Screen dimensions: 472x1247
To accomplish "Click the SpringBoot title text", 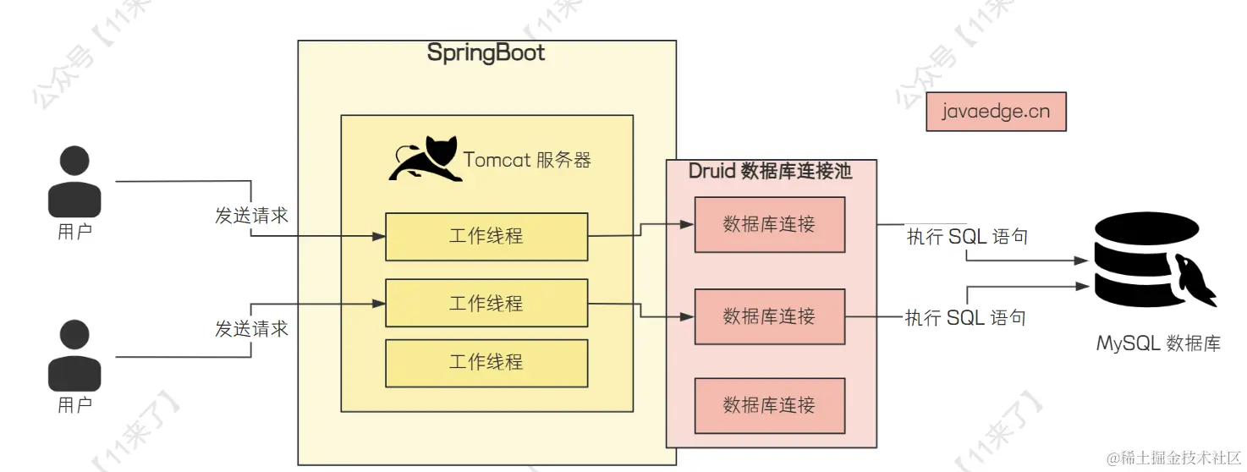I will pyautogui.click(x=486, y=52).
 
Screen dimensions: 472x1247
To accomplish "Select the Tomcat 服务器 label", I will pyautogui.click(x=527, y=160).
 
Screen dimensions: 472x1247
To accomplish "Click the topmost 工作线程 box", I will pyautogui.click(x=486, y=237).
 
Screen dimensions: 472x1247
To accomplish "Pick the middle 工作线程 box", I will pyautogui.click(x=486, y=303).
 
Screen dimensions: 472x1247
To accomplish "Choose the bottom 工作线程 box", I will pyautogui.click(x=486, y=363).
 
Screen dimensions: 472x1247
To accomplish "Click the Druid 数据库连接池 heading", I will pyautogui.click(x=770, y=172).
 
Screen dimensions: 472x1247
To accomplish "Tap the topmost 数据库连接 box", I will pyautogui.click(x=769, y=225).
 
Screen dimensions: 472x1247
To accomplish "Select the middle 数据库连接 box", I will pyautogui.click(x=769, y=316).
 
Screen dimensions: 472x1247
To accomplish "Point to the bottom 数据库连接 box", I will pyautogui.click(x=769, y=405).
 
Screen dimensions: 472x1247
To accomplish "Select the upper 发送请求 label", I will pyautogui.click(x=251, y=216).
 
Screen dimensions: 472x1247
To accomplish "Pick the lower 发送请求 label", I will pyautogui.click(x=251, y=328).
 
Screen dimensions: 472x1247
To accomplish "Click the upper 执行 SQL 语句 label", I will pyautogui.click(x=967, y=237).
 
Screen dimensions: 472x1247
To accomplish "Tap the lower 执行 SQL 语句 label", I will pyautogui.click(x=965, y=318).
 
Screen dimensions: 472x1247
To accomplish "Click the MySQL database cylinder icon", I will pyautogui.click(x=1151, y=262).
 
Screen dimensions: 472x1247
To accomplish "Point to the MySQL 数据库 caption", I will pyautogui.click(x=1158, y=343).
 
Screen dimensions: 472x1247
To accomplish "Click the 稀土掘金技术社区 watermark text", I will pyautogui.click(x=1173, y=458).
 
